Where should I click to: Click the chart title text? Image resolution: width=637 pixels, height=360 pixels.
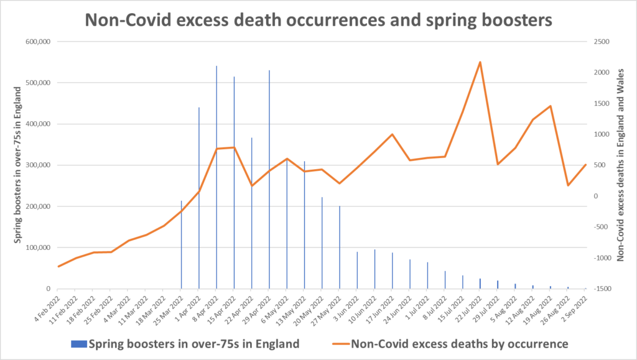pos(318,19)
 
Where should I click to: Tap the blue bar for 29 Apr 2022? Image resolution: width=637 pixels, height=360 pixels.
pos(269,180)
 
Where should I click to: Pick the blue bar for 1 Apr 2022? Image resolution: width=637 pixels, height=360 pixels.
pos(199,199)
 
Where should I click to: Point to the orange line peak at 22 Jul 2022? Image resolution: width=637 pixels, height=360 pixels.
pos(480,62)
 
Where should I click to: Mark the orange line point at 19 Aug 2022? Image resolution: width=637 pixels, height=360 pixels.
pos(551,106)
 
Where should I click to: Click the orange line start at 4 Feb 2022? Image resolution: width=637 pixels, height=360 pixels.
pos(57,267)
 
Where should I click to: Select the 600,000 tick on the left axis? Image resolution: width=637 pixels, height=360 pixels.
pos(37,42)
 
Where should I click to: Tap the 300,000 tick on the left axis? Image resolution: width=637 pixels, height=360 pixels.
pos(37,165)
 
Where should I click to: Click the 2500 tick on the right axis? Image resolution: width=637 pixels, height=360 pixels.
pos(602,42)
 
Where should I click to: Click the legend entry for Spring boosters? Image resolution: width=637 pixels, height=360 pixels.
pos(187,343)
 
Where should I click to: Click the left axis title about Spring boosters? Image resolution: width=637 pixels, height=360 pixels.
pos(19,165)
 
